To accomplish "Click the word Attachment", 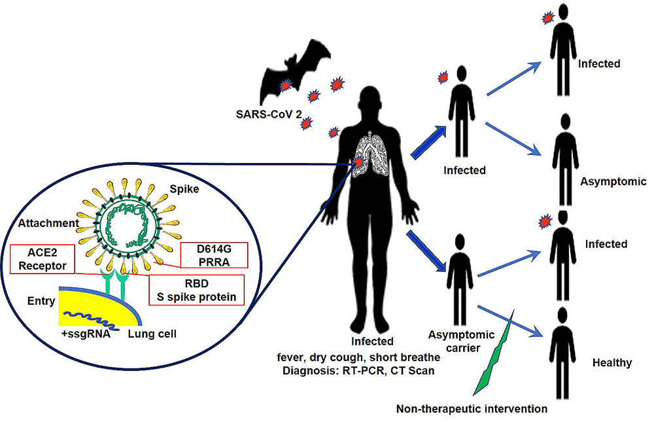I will (48, 224).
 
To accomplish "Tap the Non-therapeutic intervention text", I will (472, 410).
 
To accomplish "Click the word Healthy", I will (611, 362).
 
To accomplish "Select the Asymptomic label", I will (613, 182).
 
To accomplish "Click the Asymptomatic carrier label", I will (450, 342).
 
